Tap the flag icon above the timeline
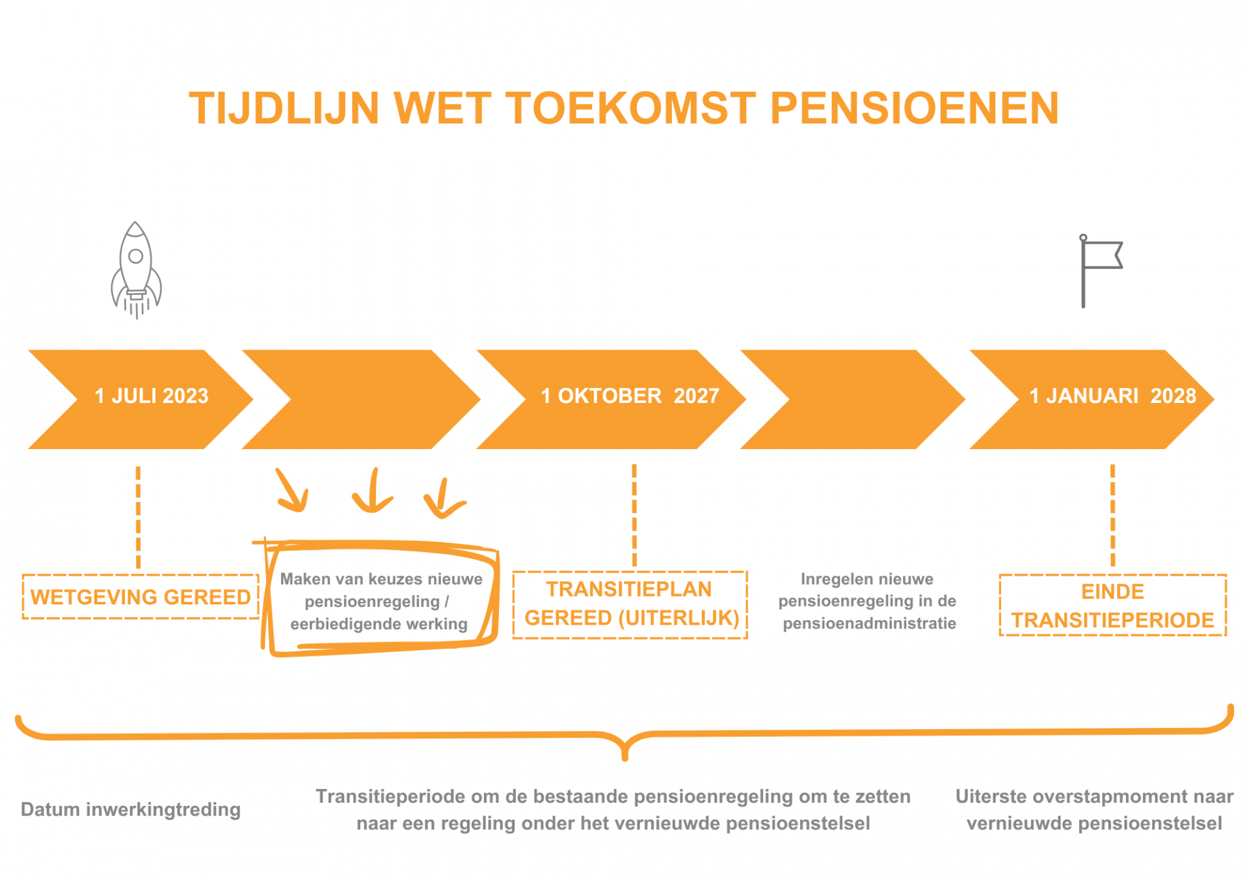pos(1101,270)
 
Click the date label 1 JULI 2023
pos(152,396)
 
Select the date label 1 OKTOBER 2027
pos(630,396)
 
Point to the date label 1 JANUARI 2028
pos(1112,396)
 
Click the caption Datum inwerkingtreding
pos(131,809)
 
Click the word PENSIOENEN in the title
pos(915,108)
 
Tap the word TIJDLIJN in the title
pos(284,108)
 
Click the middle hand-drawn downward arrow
pos(373,491)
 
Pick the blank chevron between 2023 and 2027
pos(361,400)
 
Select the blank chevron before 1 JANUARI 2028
pos(853,400)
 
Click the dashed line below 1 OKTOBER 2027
pos(634,515)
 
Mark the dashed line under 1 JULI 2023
pos(138,517)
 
